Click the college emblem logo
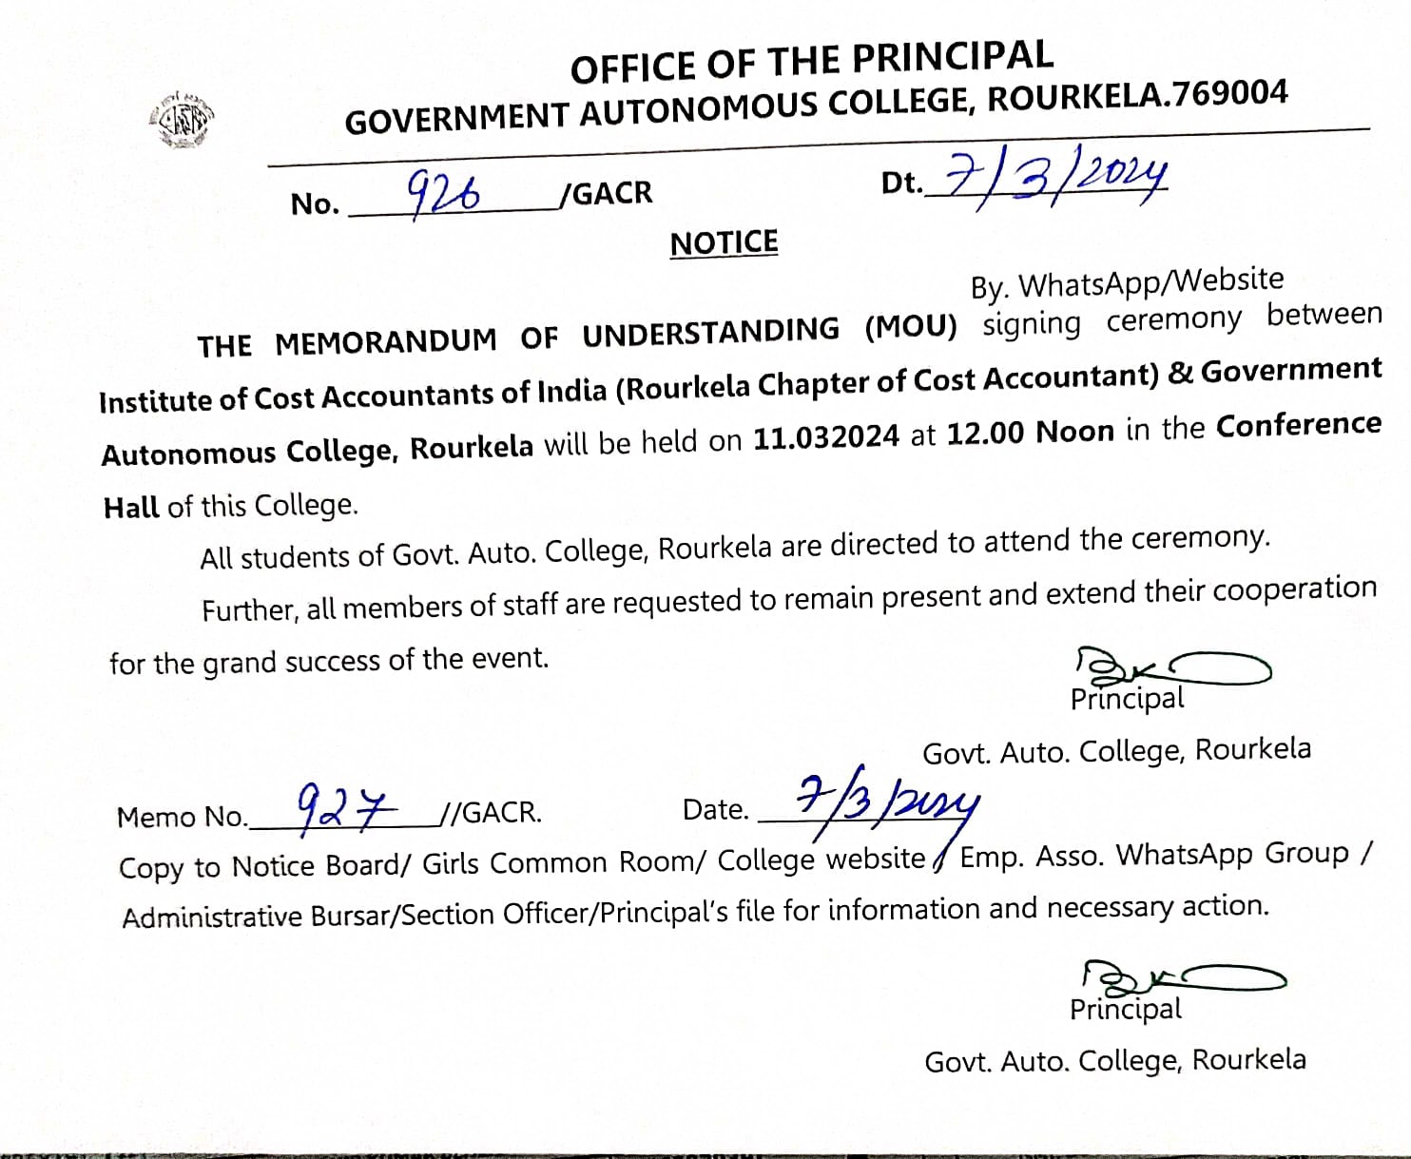183,120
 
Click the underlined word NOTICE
724,243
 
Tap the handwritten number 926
443,195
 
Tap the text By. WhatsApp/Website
1127,282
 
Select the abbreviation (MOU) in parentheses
911,327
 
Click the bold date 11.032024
826,437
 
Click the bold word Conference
1298,425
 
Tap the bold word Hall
131,508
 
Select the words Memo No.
181,818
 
